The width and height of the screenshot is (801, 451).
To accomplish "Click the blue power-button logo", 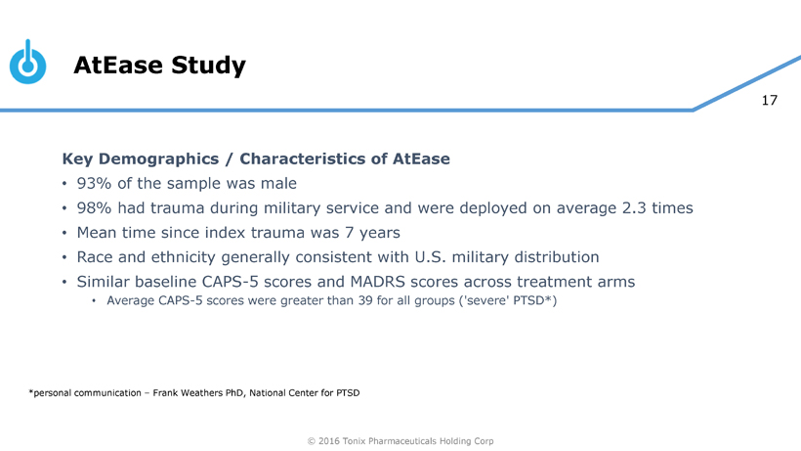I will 28,63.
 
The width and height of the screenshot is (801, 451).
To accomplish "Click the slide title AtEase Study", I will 159,66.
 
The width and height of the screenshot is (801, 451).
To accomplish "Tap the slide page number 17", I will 770,100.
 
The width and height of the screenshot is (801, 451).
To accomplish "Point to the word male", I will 276,183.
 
